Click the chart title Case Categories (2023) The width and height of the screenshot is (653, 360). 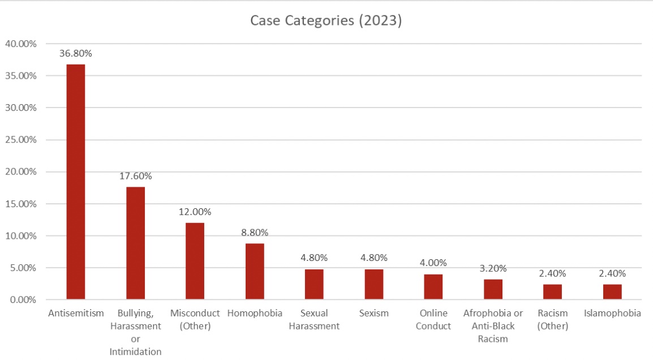pos(326,21)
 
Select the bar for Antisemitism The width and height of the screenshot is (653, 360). pos(76,182)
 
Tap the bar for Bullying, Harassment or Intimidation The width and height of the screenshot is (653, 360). pos(135,243)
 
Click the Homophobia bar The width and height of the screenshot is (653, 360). pos(255,271)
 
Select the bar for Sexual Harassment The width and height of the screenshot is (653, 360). pos(314,284)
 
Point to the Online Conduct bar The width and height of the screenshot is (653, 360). pos(433,286)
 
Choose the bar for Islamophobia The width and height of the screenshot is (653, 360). pos(612,292)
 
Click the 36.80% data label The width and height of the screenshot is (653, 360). pos(76,54)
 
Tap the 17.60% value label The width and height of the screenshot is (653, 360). pos(135,176)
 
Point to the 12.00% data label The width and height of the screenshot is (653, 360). pos(195,212)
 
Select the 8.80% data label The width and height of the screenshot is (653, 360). pos(255,232)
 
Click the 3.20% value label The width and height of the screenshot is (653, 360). pos(493,268)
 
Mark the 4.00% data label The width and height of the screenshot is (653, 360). pos(433,263)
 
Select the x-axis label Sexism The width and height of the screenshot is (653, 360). pos(373,313)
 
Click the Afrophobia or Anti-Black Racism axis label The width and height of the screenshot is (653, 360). pos(493,326)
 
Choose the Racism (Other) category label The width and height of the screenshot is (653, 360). pos(553,319)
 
